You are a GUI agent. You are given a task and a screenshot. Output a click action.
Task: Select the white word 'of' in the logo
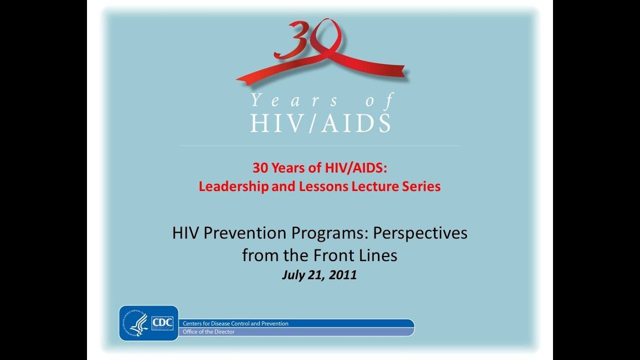[x=379, y=100]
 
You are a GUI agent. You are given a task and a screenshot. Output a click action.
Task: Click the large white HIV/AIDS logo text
[x=320, y=123]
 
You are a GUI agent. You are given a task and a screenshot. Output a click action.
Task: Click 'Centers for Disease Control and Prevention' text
[x=235, y=323]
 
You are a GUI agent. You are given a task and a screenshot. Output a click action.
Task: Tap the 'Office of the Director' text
[x=208, y=331]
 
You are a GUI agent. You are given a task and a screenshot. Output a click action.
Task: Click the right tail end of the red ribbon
[x=395, y=71]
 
